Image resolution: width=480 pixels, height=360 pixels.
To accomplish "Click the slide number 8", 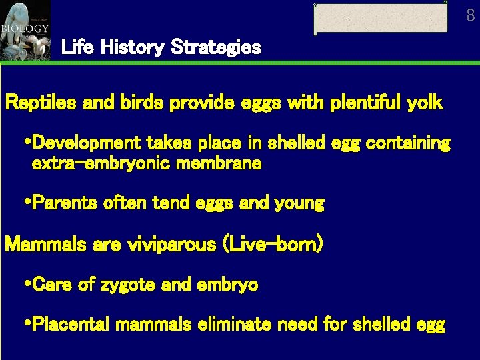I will pos(470,15).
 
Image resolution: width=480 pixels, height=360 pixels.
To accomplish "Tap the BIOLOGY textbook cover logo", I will pos(25,29).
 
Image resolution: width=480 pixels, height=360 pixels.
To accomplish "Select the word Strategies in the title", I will pos(216,48).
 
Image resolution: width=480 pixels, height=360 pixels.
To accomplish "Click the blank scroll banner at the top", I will pos(381,18).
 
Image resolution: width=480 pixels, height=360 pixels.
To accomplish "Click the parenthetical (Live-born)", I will pos(275,244).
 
